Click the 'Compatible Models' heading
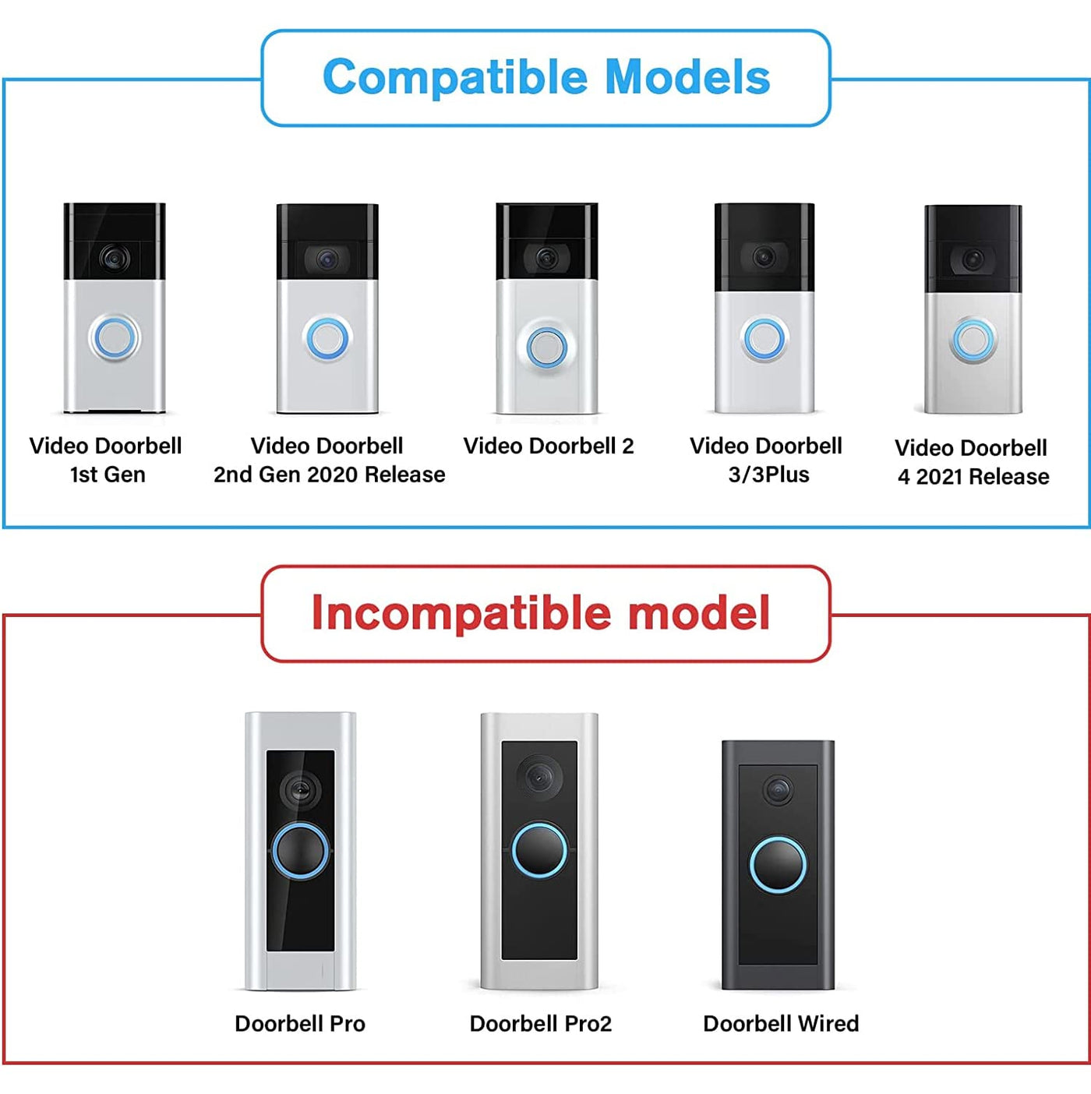(546, 78)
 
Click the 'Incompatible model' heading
(541, 613)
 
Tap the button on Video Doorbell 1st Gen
(115, 338)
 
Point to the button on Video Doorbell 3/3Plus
(764, 338)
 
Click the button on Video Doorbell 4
(973, 341)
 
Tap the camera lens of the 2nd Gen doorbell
(327, 257)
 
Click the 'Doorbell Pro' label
(300, 1024)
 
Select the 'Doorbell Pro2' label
(541, 1024)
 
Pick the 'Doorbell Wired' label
(781, 1024)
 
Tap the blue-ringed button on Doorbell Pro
(300, 851)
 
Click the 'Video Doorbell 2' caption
(549, 446)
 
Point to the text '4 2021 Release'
(973, 477)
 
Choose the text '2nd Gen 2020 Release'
(329, 475)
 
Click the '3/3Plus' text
(768, 475)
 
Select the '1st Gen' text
(108, 475)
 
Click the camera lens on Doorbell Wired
(777, 790)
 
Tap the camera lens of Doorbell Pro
(300, 790)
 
